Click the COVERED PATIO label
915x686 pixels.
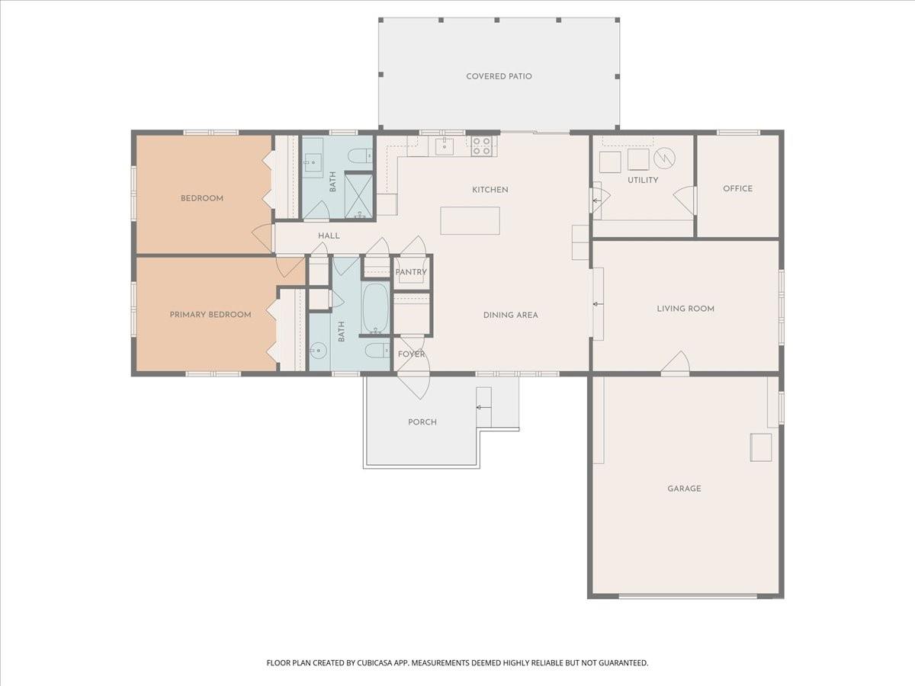pos(499,76)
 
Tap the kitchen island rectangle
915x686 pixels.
pos(470,220)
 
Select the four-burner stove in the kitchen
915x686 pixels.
pos(481,146)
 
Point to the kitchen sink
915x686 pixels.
pos(445,146)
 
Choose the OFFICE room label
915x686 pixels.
pos(737,188)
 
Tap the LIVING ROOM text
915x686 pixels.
pos(685,309)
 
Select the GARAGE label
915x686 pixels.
pos(684,489)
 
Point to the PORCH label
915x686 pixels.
pos(422,422)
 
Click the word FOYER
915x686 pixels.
pos(412,354)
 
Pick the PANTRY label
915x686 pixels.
pos(410,272)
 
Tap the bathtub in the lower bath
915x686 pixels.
pos(375,309)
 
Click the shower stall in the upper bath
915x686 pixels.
pos(358,196)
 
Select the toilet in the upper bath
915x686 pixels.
pos(359,156)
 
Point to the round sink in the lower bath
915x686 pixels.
pos(319,351)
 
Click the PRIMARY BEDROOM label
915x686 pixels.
pos(210,314)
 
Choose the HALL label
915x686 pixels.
pos(329,236)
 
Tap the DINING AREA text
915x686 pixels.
pos(510,315)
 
